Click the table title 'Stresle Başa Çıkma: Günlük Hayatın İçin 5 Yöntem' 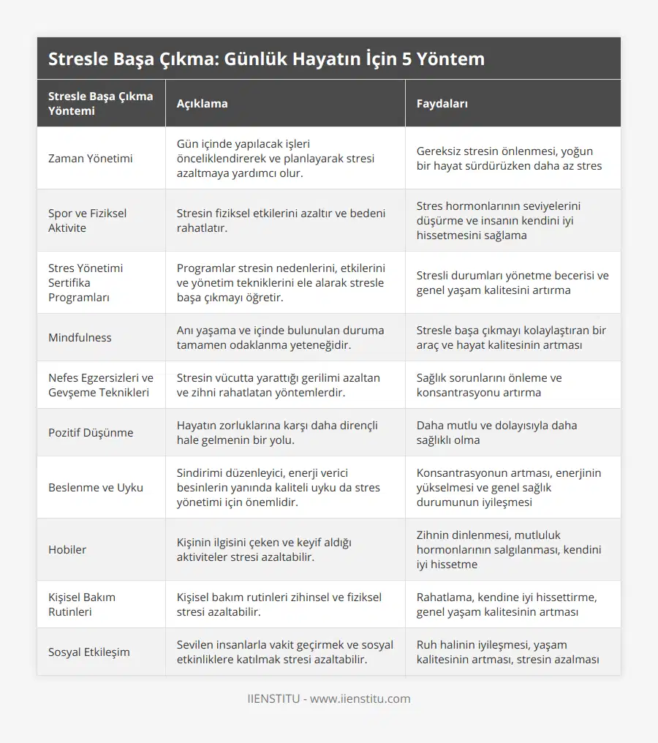(266, 59)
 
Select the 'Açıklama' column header (202, 103)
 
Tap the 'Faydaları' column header (442, 103)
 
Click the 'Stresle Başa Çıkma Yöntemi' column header (100, 103)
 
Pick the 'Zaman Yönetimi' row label (91, 158)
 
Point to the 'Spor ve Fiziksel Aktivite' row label (87, 220)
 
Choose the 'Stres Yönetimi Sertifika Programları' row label (86, 282)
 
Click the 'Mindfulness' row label (80, 337)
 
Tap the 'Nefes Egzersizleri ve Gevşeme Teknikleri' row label (100, 385)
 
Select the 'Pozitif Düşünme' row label (91, 432)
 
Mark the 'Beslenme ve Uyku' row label (95, 487)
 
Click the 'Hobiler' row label (67, 549)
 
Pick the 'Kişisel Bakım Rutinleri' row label (82, 604)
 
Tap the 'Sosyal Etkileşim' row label (89, 652)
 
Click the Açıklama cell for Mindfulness (280, 337)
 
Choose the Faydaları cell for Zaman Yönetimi (509, 158)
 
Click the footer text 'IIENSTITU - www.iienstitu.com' (329, 698)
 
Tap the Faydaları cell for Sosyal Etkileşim (508, 652)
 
